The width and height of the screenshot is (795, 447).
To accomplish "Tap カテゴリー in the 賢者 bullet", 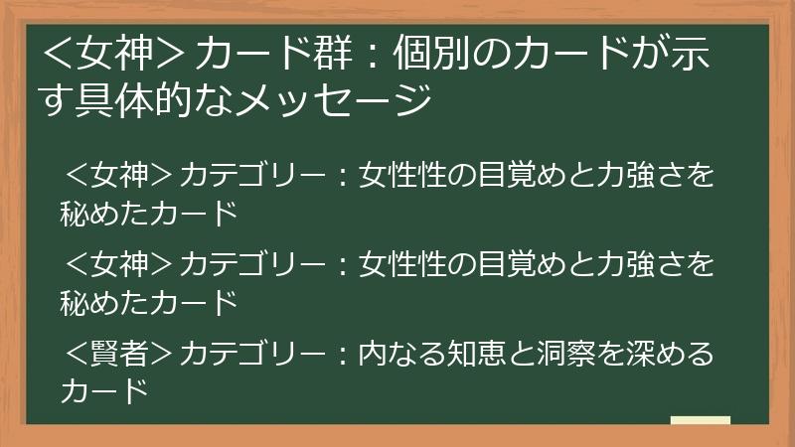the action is tap(252, 354).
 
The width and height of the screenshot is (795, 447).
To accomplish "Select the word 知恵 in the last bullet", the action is tap(476, 354).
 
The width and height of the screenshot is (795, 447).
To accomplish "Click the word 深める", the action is tap(670, 354).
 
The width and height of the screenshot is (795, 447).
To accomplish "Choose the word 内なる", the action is tap(402, 354).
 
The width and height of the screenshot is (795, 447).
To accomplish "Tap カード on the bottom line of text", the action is tap(105, 390).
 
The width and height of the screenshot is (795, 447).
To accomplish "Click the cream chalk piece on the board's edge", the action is tap(701, 420).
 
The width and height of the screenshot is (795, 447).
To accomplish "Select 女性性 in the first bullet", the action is tap(402, 175).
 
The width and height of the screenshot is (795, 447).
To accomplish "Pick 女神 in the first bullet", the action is tap(119, 175).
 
